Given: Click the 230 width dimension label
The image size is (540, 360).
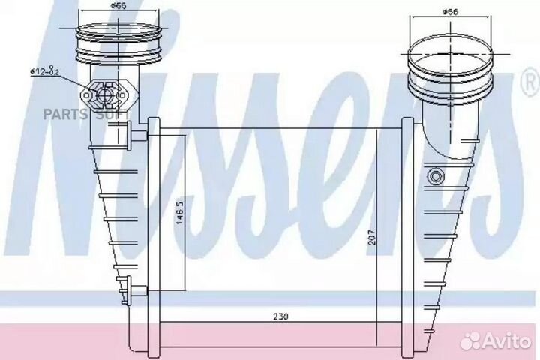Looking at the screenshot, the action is (280, 316).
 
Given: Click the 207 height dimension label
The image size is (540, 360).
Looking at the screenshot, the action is (371, 237).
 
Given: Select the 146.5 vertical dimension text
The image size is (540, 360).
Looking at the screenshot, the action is (180, 213).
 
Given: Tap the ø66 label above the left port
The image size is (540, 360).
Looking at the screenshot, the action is (118, 6).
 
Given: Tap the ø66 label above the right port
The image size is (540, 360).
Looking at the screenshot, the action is (450, 12).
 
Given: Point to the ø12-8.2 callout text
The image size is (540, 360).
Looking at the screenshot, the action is (45, 71).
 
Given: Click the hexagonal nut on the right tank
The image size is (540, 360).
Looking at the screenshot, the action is (435, 177).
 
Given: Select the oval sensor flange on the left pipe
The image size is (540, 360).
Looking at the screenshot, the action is (109, 94).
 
